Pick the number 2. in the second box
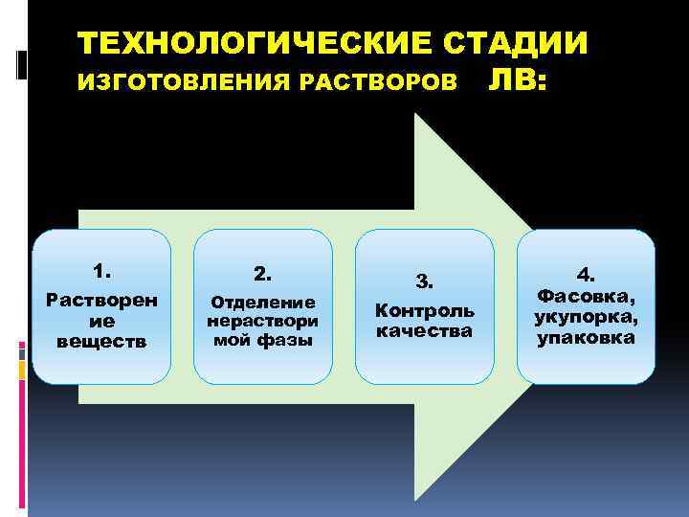(x=262, y=274)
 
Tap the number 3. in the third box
(x=424, y=281)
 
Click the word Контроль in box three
(x=424, y=311)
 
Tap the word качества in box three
(x=424, y=330)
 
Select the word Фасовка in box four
(x=586, y=297)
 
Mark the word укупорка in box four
(x=586, y=317)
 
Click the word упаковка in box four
(x=586, y=337)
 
